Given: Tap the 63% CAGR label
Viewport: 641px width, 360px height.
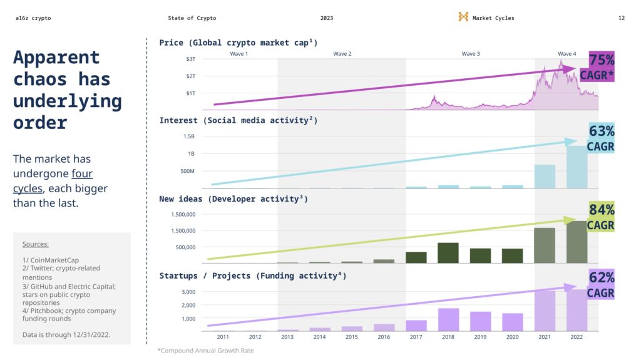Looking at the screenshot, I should coord(600,138).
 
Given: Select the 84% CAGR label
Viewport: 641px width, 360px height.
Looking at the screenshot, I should coord(600,217).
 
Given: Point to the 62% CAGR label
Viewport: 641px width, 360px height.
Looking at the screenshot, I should coord(600,285).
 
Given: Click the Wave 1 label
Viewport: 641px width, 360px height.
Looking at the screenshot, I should coord(238,54).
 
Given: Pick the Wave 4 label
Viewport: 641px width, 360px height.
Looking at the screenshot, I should coord(567,54).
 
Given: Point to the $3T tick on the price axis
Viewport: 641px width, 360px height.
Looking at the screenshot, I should coord(191,59).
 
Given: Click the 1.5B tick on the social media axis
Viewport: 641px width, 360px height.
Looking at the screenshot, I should coord(188,136).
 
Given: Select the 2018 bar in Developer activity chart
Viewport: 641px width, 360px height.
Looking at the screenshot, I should coord(448,253).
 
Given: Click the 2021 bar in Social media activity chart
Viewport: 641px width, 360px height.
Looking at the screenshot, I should coord(545,177).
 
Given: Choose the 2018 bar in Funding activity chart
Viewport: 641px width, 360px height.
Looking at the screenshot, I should coord(448,319).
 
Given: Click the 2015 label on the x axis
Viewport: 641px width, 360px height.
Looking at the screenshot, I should coord(352,337).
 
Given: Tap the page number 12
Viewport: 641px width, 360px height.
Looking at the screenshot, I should coord(621,18).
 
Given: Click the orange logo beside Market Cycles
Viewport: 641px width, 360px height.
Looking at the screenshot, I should coord(463,18).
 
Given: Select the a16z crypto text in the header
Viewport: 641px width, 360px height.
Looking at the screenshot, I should coord(33,18).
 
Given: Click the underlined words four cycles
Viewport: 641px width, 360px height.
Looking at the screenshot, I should coord(53,181).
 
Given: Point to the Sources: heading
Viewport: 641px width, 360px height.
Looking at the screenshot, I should coord(35,244).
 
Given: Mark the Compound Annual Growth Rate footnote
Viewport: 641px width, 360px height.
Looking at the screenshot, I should coord(205,351).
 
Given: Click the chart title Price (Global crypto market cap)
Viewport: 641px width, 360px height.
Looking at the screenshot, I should coord(238,43).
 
